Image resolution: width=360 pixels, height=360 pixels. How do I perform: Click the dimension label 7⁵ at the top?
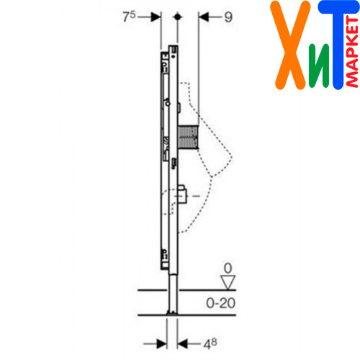tap(129, 17)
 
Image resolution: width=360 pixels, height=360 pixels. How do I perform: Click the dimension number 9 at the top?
tap(228, 17)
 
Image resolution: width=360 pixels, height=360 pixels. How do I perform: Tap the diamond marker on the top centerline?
tap(177, 17)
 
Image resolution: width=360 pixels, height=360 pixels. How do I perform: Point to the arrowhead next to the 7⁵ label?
tap(156, 17)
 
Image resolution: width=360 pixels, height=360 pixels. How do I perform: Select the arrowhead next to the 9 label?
tap(204, 17)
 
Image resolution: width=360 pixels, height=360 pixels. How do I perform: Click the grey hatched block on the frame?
tap(189, 137)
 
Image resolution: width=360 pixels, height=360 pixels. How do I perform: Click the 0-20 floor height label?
tap(220, 303)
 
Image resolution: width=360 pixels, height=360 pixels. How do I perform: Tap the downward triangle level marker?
tap(228, 282)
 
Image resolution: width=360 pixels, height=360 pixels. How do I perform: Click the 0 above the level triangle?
tap(228, 268)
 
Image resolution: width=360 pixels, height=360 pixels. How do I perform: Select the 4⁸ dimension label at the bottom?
tap(210, 344)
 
